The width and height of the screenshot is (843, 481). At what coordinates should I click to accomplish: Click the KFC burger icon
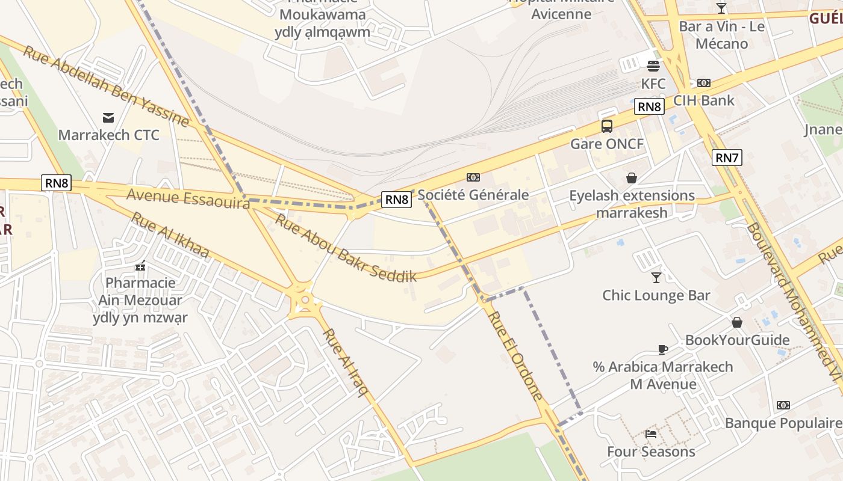653,66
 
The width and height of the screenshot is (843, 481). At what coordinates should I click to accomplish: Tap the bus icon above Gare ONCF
607,126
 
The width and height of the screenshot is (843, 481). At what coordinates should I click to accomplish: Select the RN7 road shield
727,158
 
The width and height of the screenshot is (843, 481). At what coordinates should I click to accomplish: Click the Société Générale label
473,195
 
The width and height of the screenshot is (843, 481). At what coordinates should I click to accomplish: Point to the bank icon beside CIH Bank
703,83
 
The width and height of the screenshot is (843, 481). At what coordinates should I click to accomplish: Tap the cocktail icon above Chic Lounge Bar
656,277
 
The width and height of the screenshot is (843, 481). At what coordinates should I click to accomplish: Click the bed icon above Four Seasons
651,434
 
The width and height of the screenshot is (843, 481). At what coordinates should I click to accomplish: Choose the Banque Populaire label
783,423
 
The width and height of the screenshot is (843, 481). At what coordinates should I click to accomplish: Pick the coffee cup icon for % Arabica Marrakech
662,349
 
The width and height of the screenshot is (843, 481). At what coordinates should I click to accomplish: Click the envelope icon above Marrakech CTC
108,117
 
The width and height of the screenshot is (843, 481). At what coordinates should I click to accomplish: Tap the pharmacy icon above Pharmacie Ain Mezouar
140,265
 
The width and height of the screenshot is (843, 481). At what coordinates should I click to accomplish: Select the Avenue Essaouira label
188,198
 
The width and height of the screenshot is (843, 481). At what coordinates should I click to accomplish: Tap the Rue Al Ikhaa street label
170,235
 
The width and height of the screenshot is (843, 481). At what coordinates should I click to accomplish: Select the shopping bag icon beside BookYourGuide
737,323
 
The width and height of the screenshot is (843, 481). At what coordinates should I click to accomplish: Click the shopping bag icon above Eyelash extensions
632,178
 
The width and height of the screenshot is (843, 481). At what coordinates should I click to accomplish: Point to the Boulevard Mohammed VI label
794,301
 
